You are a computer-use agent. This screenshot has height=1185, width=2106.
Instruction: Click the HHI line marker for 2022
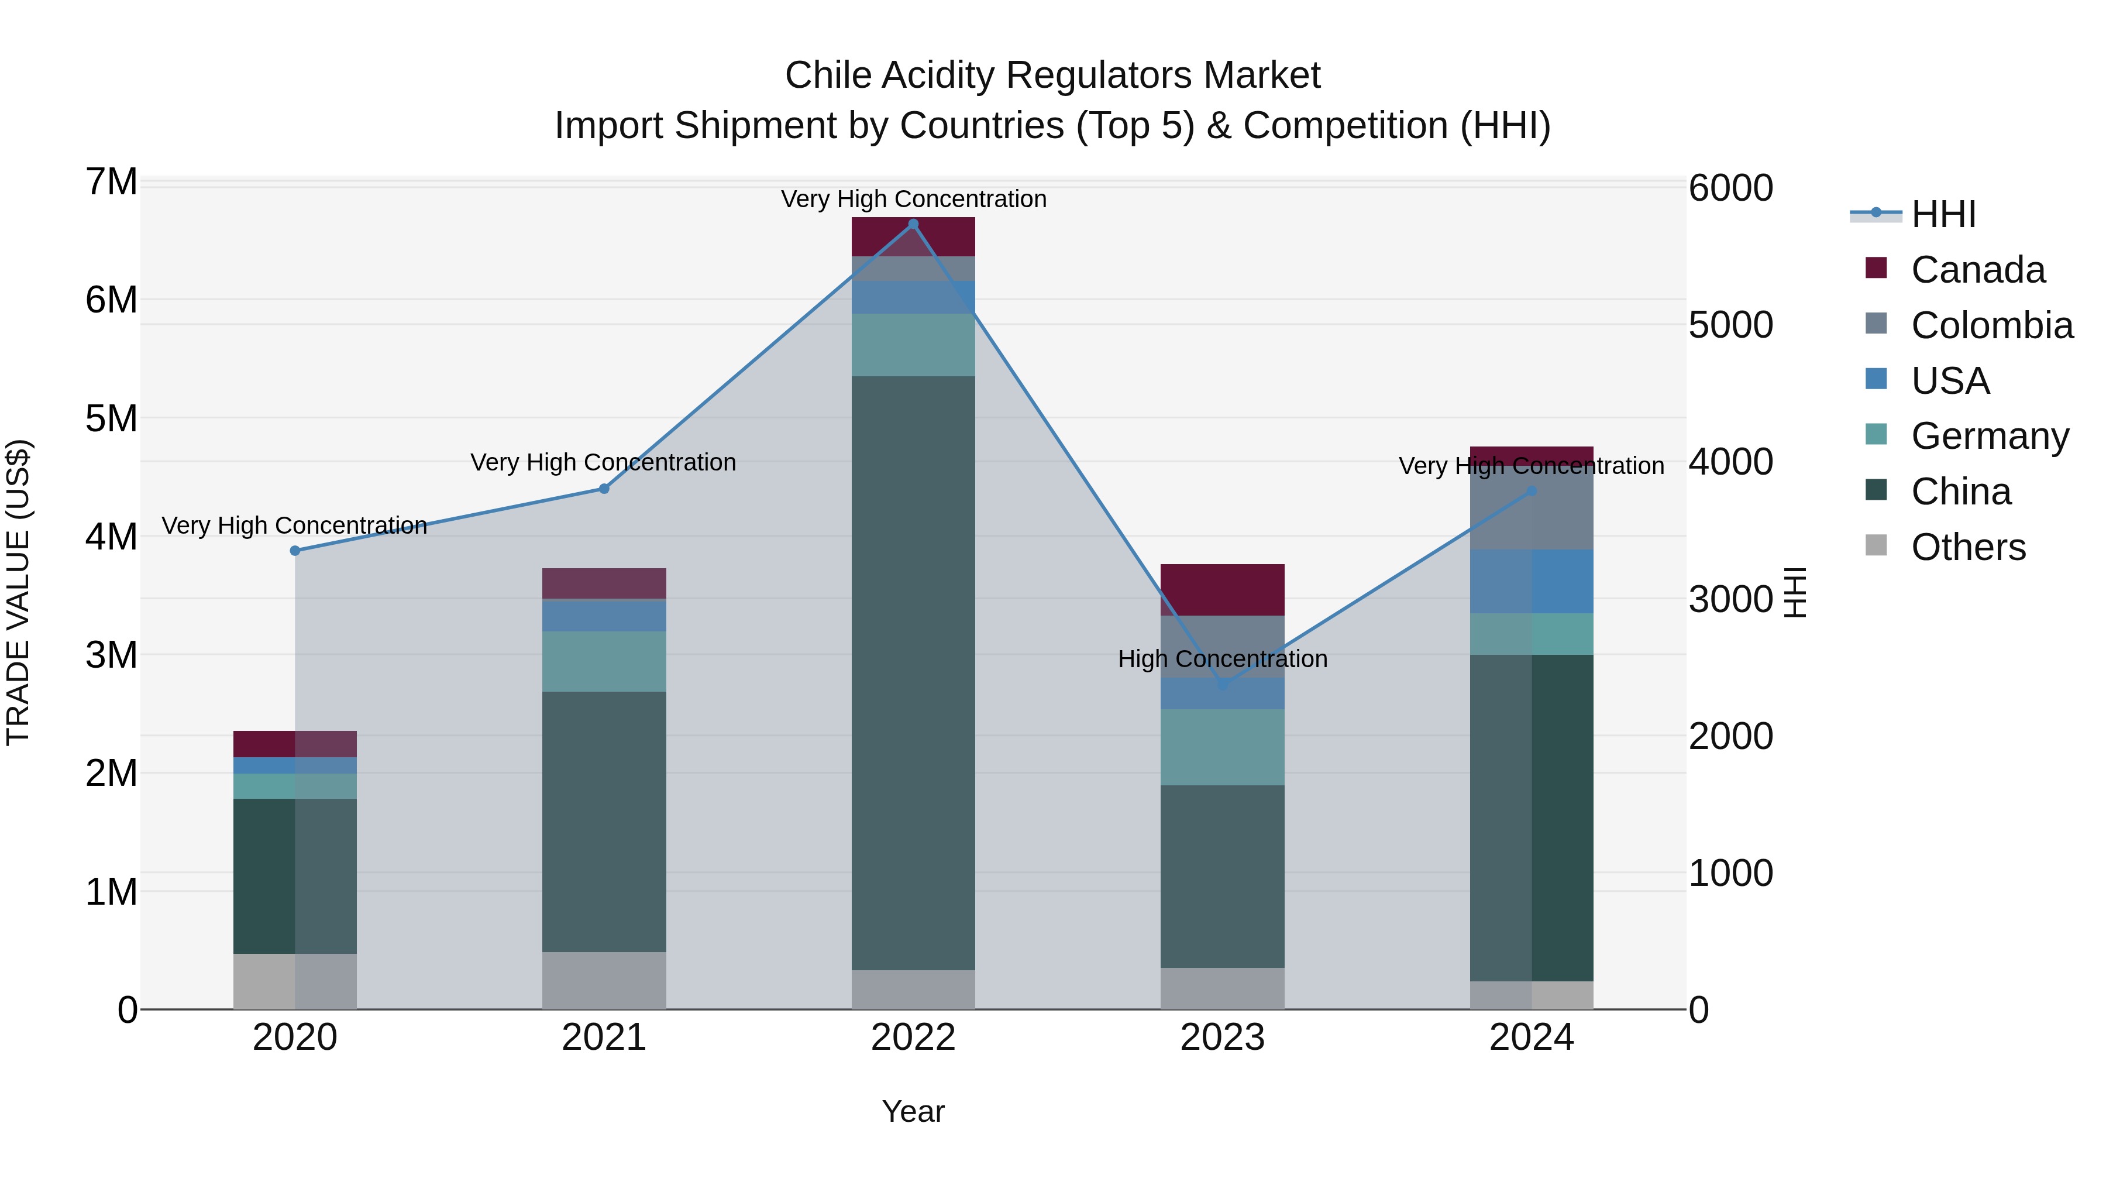pyautogui.click(x=913, y=224)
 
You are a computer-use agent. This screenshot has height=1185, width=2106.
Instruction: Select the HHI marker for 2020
pyautogui.click(x=295, y=551)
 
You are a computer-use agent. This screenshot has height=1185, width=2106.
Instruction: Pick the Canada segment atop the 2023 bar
pyautogui.click(x=1222, y=589)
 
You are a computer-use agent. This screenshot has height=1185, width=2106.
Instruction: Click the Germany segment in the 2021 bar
pyautogui.click(x=604, y=661)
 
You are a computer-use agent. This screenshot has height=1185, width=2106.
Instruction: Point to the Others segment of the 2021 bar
pyautogui.click(x=604, y=980)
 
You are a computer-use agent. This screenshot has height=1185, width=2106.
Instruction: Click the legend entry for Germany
pyautogui.click(x=1989, y=436)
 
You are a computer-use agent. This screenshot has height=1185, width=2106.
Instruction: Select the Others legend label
pyautogui.click(x=1968, y=547)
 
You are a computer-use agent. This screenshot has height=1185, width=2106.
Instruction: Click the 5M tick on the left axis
pyautogui.click(x=111, y=419)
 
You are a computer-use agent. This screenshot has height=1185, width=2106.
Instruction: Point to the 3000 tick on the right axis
pyautogui.click(x=1730, y=599)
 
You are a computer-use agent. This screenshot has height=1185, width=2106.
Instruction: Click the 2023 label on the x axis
pyautogui.click(x=1222, y=1038)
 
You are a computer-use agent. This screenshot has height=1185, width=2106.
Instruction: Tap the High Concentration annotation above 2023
pyautogui.click(x=1222, y=658)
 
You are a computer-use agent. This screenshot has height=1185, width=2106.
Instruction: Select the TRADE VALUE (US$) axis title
pyautogui.click(x=18, y=592)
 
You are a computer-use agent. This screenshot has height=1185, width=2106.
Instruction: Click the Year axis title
pyautogui.click(x=913, y=1111)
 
